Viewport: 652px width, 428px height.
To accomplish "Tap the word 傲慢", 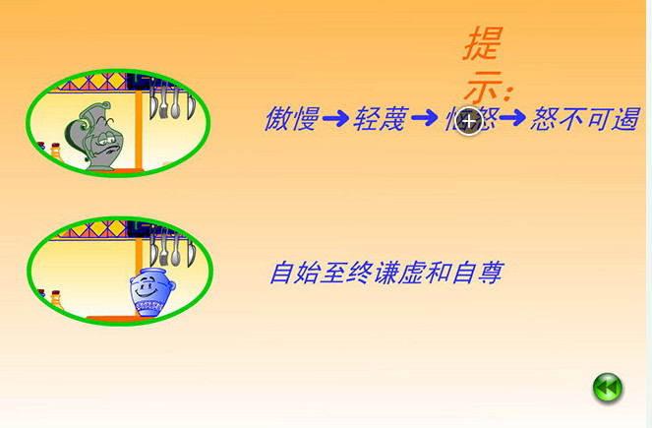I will click(291, 120).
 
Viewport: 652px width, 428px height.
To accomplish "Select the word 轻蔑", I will click(380, 120).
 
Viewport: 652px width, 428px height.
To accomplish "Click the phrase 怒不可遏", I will click(583, 120).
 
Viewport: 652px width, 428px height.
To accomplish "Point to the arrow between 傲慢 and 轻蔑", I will click(335, 120).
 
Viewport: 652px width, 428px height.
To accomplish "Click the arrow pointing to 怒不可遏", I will click(512, 120).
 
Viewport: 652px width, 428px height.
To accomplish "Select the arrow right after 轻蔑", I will click(424, 120).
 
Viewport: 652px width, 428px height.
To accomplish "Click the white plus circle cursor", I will click(470, 122).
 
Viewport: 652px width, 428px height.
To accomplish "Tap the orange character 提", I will click(483, 45).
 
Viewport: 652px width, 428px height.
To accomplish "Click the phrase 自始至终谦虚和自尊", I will click(385, 273).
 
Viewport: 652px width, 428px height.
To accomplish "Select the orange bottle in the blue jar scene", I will click(55, 297).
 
